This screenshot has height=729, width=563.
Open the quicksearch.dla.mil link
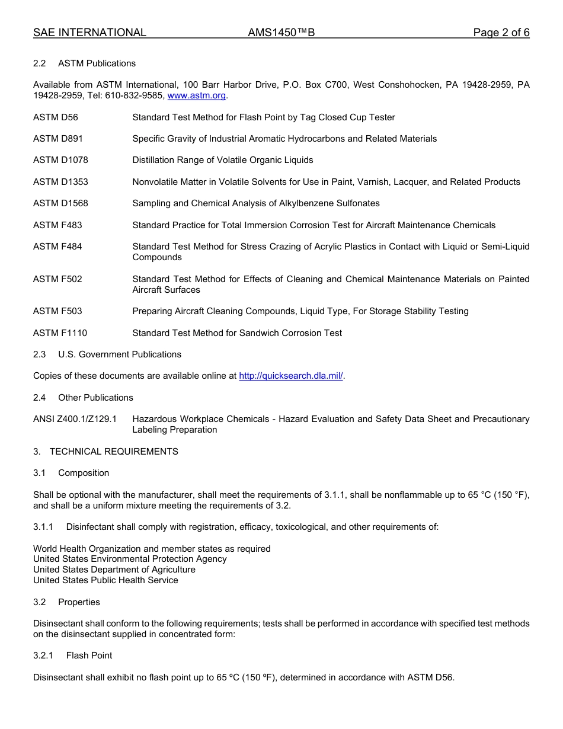pos(290,376)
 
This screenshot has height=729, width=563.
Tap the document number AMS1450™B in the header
pos(281,33)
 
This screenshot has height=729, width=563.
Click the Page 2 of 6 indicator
pos(501,33)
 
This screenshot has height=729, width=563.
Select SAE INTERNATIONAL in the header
pos(89,33)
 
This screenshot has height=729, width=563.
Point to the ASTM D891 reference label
pos(58,139)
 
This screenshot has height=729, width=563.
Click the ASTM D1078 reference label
pos(60,160)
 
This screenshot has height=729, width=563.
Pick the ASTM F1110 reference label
pos(60,333)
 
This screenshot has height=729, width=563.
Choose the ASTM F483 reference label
pos(57,225)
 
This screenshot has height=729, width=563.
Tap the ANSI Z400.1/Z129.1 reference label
pos(75,419)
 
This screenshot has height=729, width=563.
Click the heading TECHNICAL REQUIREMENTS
pos(114,452)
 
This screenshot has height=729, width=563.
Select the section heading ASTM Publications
pos(97,63)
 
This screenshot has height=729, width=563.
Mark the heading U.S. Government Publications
pos(120,354)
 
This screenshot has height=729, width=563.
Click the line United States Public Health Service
pos(105,580)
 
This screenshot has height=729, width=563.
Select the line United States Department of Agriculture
pos(114,570)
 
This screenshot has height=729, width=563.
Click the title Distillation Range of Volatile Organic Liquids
pos(223,160)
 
